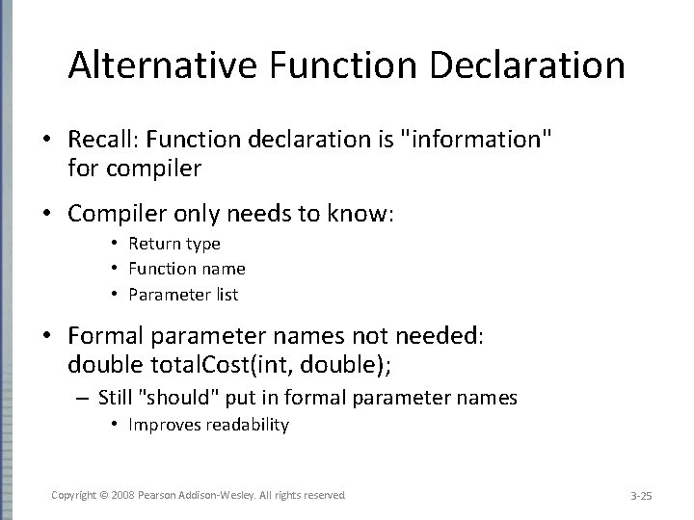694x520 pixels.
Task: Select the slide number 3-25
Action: pos(641,496)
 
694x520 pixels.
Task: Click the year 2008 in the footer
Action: pos(123,495)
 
